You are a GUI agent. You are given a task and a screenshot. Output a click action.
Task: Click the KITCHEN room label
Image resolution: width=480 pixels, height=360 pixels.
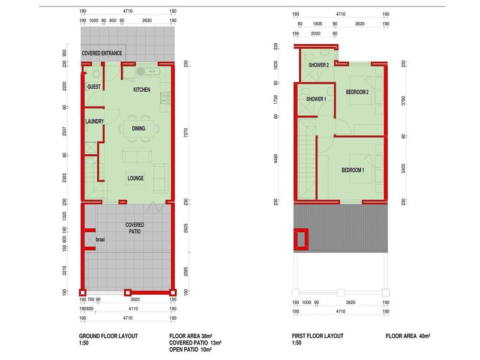click(x=142, y=89)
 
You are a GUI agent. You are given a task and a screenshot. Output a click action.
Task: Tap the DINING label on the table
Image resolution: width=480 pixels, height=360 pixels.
click(x=139, y=128)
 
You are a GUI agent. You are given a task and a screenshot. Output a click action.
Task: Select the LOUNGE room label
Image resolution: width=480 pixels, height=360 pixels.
click(x=136, y=178)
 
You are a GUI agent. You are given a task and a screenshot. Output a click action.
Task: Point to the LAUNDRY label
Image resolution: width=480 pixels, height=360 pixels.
click(x=94, y=121)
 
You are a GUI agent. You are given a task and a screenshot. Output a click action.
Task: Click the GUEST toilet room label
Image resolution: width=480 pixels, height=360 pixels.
click(x=94, y=86)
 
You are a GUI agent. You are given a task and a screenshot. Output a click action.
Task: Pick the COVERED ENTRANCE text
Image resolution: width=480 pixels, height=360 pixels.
click(x=101, y=53)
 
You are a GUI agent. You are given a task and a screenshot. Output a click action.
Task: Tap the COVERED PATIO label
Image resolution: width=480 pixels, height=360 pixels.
click(x=134, y=228)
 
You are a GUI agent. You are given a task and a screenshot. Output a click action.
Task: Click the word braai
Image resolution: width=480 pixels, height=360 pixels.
click(x=100, y=239)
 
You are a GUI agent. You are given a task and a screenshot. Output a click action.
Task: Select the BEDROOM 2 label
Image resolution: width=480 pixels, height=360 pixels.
click(x=357, y=92)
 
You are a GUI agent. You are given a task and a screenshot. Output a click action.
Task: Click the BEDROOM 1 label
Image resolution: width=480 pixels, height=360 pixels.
click(x=353, y=170)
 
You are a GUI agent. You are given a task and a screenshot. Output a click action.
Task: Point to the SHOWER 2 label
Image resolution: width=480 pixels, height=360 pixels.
click(x=319, y=65)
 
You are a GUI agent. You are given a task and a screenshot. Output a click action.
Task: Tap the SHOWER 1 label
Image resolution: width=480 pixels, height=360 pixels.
click(x=316, y=99)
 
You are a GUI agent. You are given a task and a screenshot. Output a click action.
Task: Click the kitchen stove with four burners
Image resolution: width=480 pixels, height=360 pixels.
click(x=166, y=98)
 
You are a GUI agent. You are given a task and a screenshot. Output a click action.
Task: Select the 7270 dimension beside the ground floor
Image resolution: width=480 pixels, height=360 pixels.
click(x=186, y=133)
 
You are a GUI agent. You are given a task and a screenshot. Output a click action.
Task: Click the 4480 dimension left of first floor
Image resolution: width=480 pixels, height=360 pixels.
click(x=276, y=158)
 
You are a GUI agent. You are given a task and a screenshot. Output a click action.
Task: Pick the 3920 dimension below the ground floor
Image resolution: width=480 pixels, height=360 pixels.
click(x=135, y=299)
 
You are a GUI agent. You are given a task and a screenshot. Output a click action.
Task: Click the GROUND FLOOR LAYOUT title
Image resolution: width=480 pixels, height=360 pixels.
click(x=109, y=336)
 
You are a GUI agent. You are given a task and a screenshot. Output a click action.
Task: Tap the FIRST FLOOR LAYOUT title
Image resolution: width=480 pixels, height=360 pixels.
click(x=317, y=336)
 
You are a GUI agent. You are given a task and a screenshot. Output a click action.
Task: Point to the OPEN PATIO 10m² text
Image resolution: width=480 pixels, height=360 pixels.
click(x=190, y=350)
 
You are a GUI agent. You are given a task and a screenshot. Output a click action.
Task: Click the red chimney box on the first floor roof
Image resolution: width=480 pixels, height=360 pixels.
click(x=301, y=239)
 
